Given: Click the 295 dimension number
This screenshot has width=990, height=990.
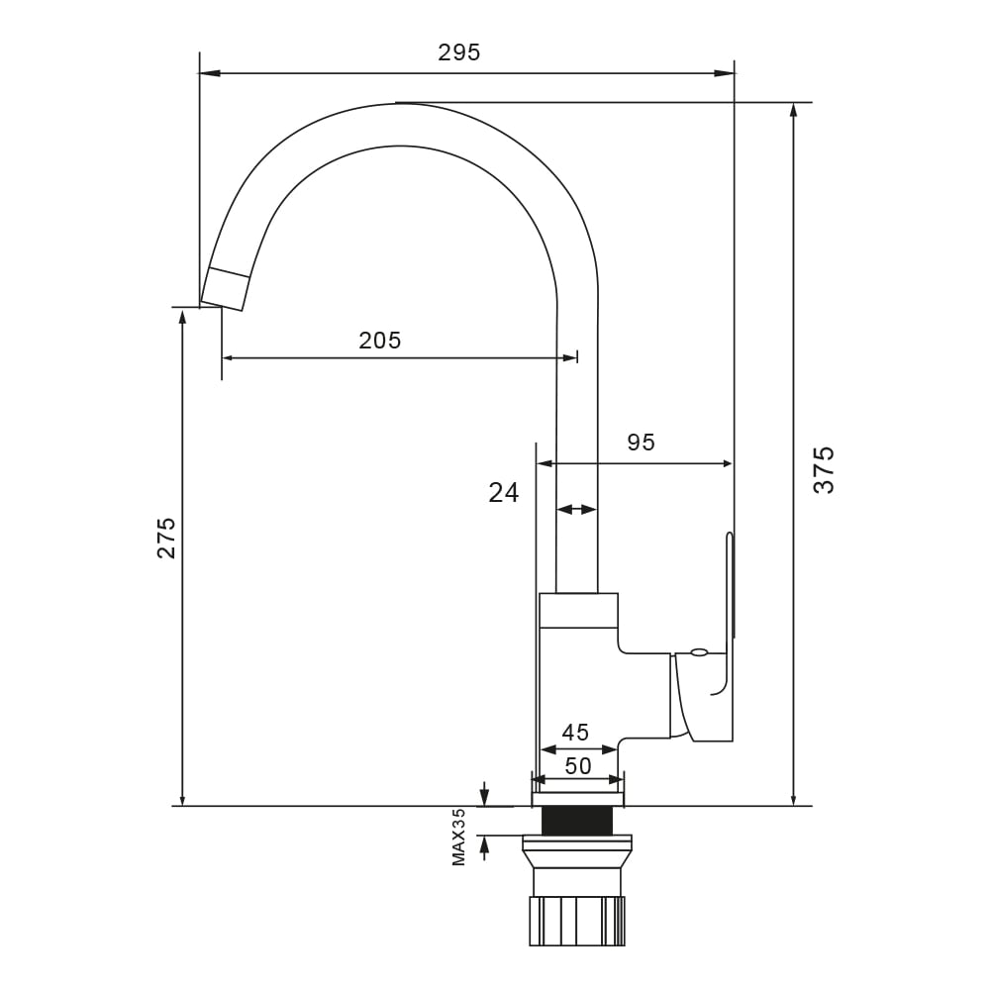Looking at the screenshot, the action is (x=459, y=52).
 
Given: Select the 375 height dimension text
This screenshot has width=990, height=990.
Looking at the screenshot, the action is (x=824, y=469).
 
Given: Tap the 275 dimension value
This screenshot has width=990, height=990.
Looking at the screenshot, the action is (x=166, y=538).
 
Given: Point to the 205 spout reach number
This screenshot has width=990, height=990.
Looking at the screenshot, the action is (x=379, y=341).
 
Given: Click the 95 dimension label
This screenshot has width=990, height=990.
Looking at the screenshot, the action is (x=641, y=443).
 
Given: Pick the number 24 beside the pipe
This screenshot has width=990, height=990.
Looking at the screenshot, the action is (x=503, y=492).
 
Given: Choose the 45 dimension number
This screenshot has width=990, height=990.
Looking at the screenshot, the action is (x=575, y=733).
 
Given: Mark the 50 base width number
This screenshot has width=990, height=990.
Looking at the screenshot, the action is (x=578, y=766).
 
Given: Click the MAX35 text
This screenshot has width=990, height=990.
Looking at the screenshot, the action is (x=459, y=838).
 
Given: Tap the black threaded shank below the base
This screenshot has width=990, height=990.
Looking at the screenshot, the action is (x=578, y=822).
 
